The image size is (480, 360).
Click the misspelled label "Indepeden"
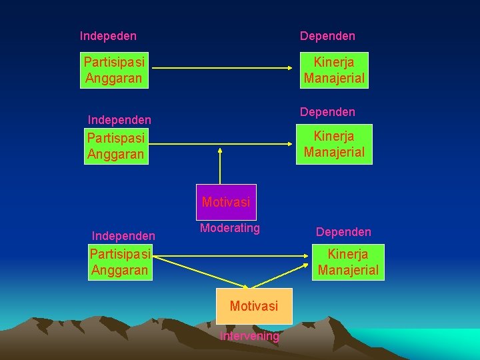(x=108, y=36)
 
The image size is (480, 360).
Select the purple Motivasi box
(x=226, y=202)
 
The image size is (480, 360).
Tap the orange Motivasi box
(x=253, y=306)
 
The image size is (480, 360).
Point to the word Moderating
(x=230, y=228)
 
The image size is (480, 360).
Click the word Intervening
(x=250, y=336)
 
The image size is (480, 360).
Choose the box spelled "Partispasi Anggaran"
(x=116, y=146)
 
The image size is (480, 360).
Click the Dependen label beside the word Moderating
(x=343, y=232)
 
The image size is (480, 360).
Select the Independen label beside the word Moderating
(x=123, y=236)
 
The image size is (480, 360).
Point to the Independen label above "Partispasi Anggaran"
(x=119, y=120)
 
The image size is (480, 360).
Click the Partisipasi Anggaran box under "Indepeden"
(x=114, y=70)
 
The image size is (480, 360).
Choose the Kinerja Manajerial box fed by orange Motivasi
(x=348, y=262)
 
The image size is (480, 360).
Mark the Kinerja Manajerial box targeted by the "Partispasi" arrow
(x=334, y=144)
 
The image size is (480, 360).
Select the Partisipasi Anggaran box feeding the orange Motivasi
(x=120, y=262)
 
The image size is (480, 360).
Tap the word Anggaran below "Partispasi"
(x=115, y=155)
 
